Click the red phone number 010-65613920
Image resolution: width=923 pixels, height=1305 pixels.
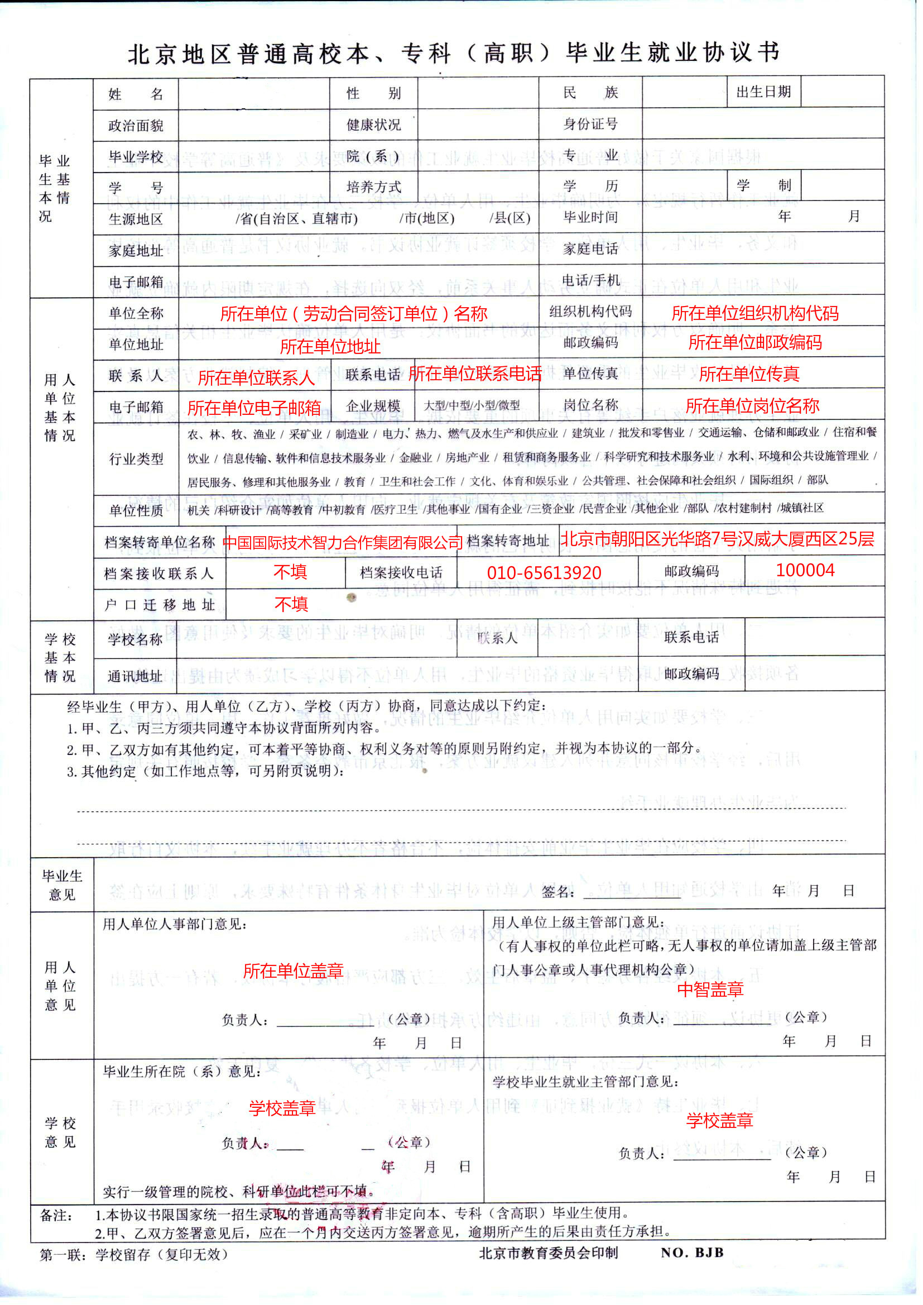[544, 572]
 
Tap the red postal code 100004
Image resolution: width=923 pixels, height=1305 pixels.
[805, 570]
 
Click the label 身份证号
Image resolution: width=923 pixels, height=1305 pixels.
[590, 124]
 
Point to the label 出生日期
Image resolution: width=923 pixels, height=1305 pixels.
[763, 92]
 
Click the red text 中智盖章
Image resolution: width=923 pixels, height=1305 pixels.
[710, 989]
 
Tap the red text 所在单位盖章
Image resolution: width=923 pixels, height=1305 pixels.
[293, 971]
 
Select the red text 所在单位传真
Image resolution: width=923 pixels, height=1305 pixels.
[748, 374]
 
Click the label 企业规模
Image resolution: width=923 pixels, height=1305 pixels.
[373, 405]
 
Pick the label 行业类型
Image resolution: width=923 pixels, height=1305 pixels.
[136, 458]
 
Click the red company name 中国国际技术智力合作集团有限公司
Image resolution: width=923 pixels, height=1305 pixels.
[343, 542]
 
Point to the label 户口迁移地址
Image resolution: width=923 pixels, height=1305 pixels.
[159, 604]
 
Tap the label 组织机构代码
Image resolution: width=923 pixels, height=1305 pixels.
[590, 311]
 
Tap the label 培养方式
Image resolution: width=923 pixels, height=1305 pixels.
[373, 187]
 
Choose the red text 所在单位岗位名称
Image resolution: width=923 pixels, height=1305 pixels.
[752, 405]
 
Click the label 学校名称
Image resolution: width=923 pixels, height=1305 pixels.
[135, 639]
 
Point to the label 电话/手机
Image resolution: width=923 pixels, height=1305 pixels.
[590, 280]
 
